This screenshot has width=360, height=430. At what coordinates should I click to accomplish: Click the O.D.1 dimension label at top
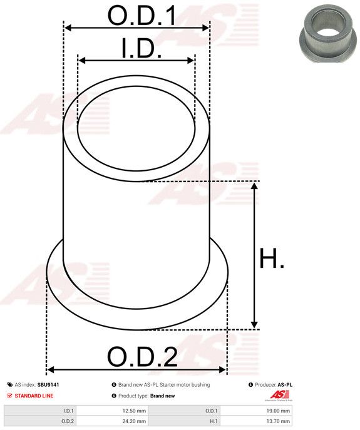[x=142, y=16]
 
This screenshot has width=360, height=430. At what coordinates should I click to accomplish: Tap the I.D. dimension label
[x=142, y=48]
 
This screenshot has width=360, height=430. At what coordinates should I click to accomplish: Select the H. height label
[x=272, y=258]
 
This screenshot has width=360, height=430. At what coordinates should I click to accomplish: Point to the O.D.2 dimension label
[x=142, y=357]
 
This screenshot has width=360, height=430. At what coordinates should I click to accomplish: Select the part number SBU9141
[x=48, y=385]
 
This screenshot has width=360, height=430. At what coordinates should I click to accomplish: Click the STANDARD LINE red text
[x=34, y=396]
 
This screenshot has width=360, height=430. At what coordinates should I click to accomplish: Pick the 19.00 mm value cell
[x=255, y=411]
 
